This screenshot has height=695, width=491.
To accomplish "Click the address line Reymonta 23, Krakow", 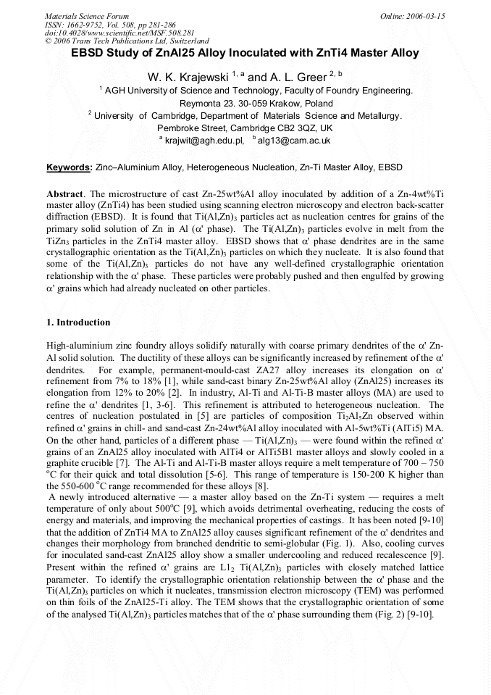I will pos(246,103).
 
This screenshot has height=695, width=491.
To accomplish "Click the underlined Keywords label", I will pos(70,167).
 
